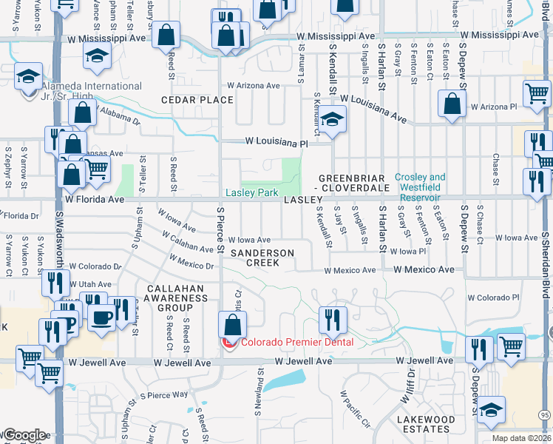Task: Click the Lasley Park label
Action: [252, 193]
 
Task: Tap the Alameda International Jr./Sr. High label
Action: [81, 92]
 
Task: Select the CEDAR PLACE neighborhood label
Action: [198, 100]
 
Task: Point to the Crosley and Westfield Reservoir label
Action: [420, 187]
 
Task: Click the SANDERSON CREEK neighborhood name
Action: [262, 258]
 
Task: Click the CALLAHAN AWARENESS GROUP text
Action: [180, 298]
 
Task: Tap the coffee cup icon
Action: [102, 317]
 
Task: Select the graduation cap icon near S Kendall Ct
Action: [333, 119]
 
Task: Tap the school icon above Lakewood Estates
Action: [491, 408]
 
